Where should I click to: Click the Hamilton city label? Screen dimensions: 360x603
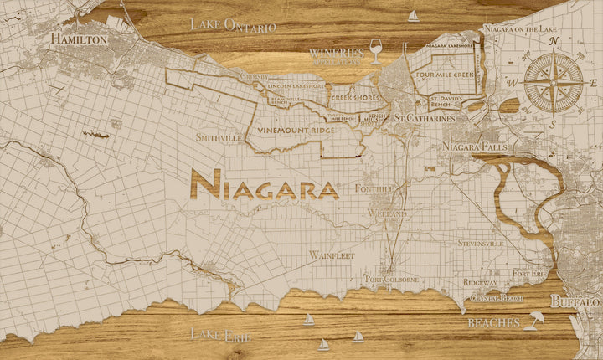click(79, 39)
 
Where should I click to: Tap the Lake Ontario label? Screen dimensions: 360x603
click(233, 23)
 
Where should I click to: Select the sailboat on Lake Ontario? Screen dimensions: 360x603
click(413, 15)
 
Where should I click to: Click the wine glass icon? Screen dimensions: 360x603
click(375, 53)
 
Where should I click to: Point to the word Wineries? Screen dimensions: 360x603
click(337, 52)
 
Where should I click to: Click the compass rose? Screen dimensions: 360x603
click(554, 80)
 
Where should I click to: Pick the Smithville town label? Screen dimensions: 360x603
click(219, 136)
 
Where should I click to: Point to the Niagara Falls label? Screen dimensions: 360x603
click(472, 147)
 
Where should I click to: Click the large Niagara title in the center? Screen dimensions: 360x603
click(265, 187)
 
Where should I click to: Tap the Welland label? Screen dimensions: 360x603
click(385, 214)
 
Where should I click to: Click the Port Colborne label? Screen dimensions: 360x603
click(391, 279)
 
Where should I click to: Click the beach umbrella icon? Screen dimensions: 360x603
click(532, 321)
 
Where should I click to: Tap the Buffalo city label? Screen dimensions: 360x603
click(575, 301)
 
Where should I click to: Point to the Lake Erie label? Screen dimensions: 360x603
click(220, 334)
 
